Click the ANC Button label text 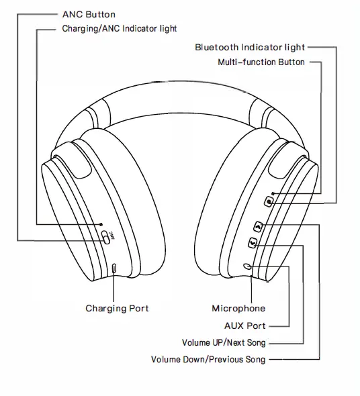tap(89, 14)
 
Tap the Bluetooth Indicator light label tap(250, 48)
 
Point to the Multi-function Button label tap(261, 62)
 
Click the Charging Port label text tap(117, 309)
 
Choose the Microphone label tap(238, 309)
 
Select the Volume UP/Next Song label tap(228, 343)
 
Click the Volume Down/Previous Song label tap(208, 360)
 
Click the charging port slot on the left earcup tap(114, 267)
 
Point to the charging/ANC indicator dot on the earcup tap(101, 224)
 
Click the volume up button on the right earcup tap(258, 228)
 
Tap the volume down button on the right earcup tap(252, 244)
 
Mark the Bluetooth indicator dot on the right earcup tap(273, 194)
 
